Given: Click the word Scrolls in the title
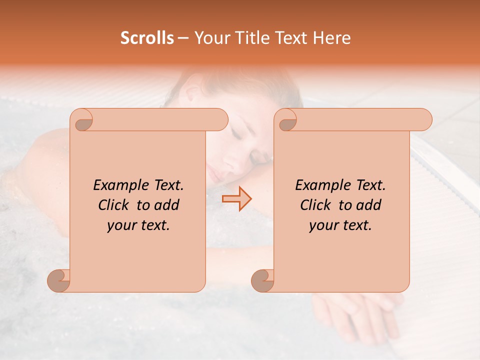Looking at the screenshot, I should (147, 38).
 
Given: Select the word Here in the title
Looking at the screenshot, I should (331, 38).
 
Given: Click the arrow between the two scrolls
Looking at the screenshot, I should (236, 198).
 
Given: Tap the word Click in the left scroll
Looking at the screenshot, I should (114, 205).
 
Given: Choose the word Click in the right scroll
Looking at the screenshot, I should (316, 205).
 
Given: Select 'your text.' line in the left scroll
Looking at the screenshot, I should (138, 225).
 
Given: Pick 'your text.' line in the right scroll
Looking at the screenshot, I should (340, 225).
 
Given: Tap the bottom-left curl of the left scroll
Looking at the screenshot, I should (59, 281).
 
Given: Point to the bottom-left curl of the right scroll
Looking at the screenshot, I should (263, 281).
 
